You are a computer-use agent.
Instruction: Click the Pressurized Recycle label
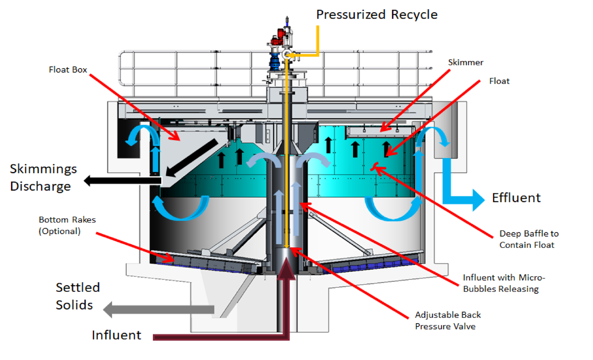376,14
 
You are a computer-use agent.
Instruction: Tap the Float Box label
68,70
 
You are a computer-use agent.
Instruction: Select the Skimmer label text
465,63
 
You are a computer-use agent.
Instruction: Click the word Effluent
516,198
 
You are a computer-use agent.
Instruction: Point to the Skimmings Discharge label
43,177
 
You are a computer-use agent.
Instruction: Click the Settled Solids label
77,296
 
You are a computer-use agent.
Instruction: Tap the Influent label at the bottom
116,335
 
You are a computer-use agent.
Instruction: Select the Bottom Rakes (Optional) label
67,225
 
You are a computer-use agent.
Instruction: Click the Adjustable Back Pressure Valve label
447,321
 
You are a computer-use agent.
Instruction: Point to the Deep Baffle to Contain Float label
528,239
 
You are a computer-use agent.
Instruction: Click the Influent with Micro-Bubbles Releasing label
503,283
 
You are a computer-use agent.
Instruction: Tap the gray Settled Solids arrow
159,310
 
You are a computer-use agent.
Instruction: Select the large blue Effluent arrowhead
478,200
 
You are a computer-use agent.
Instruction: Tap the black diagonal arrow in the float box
193,157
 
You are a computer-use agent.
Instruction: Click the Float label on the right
499,81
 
